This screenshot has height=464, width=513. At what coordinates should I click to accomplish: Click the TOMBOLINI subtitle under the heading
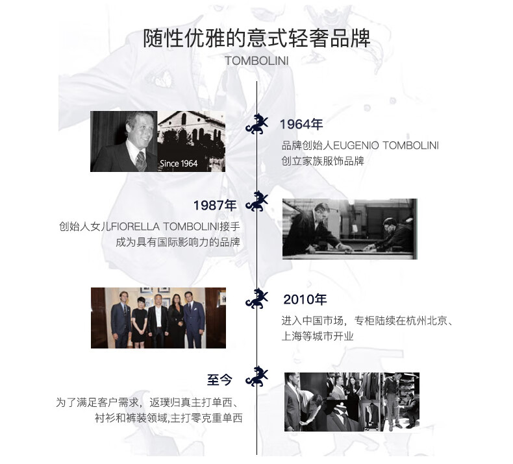tap(256, 60)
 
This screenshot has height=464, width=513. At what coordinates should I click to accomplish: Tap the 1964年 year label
tap(301, 125)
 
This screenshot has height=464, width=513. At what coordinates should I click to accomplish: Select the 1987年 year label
tap(215, 205)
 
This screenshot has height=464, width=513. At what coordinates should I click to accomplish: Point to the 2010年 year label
tap(305, 300)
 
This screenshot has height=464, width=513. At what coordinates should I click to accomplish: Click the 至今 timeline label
tap(219, 380)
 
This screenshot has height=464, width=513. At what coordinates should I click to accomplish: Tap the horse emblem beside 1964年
tap(257, 123)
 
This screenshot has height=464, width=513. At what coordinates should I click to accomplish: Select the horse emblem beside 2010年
tap(257, 299)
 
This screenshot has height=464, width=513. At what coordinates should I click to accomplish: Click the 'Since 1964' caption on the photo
tap(179, 164)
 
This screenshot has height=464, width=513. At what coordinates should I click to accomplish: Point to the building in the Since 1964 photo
tap(188, 133)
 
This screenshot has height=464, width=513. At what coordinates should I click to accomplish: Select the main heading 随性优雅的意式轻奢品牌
tap(256, 38)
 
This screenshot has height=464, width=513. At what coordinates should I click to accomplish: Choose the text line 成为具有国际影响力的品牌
tap(178, 243)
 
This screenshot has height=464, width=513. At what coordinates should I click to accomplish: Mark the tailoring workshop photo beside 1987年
tap(349, 228)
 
